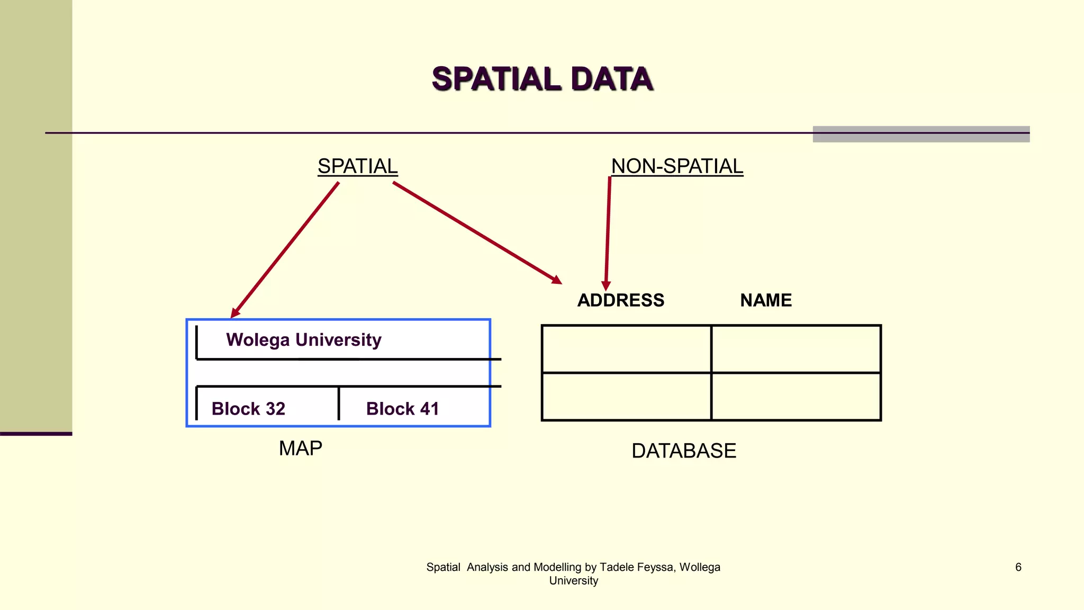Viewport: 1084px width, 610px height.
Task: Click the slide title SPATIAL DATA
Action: pyautogui.click(x=543, y=79)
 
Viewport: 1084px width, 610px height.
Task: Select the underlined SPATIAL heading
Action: pyautogui.click(x=357, y=166)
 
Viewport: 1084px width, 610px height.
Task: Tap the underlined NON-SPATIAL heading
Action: pyautogui.click(x=677, y=166)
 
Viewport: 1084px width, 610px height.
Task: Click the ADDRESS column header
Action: pyautogui.click(x=620, y=300)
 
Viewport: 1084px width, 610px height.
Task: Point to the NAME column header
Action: pyautogui.click(x=765, y=300)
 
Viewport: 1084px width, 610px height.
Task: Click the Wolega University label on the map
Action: pyautogui.click(x=303, y=339)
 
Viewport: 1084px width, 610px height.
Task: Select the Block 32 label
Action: pyautogui.click(x=248, y=409)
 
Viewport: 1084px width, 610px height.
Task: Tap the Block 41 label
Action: pyautogui.click(x=402, y=409)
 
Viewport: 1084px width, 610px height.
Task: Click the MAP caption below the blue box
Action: pyautogui.click(x=300, y=448)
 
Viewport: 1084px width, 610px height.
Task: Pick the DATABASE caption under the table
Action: pyautogui.click(x=683, y=451)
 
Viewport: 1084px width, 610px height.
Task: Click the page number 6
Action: pyautogui.click(x=1018, y=567)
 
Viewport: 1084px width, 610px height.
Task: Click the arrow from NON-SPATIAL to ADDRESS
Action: pyautogui.click(x=608, y=233)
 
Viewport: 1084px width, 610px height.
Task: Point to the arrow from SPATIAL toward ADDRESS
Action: pyautogui.click(x=476, y=231)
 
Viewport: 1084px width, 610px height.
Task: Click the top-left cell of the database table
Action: pyautogui.click(x=626, y=349)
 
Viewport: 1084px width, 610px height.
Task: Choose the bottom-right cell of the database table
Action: pyautogui.click(x=796, y=397)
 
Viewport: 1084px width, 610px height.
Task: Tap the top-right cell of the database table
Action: pyautogui.click(x=796, y=349)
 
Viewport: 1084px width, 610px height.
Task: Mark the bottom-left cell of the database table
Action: pyautogui.click(x=626, y=397)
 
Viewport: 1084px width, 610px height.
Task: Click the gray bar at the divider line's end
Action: pyautogui.click(x=921, y=134)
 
